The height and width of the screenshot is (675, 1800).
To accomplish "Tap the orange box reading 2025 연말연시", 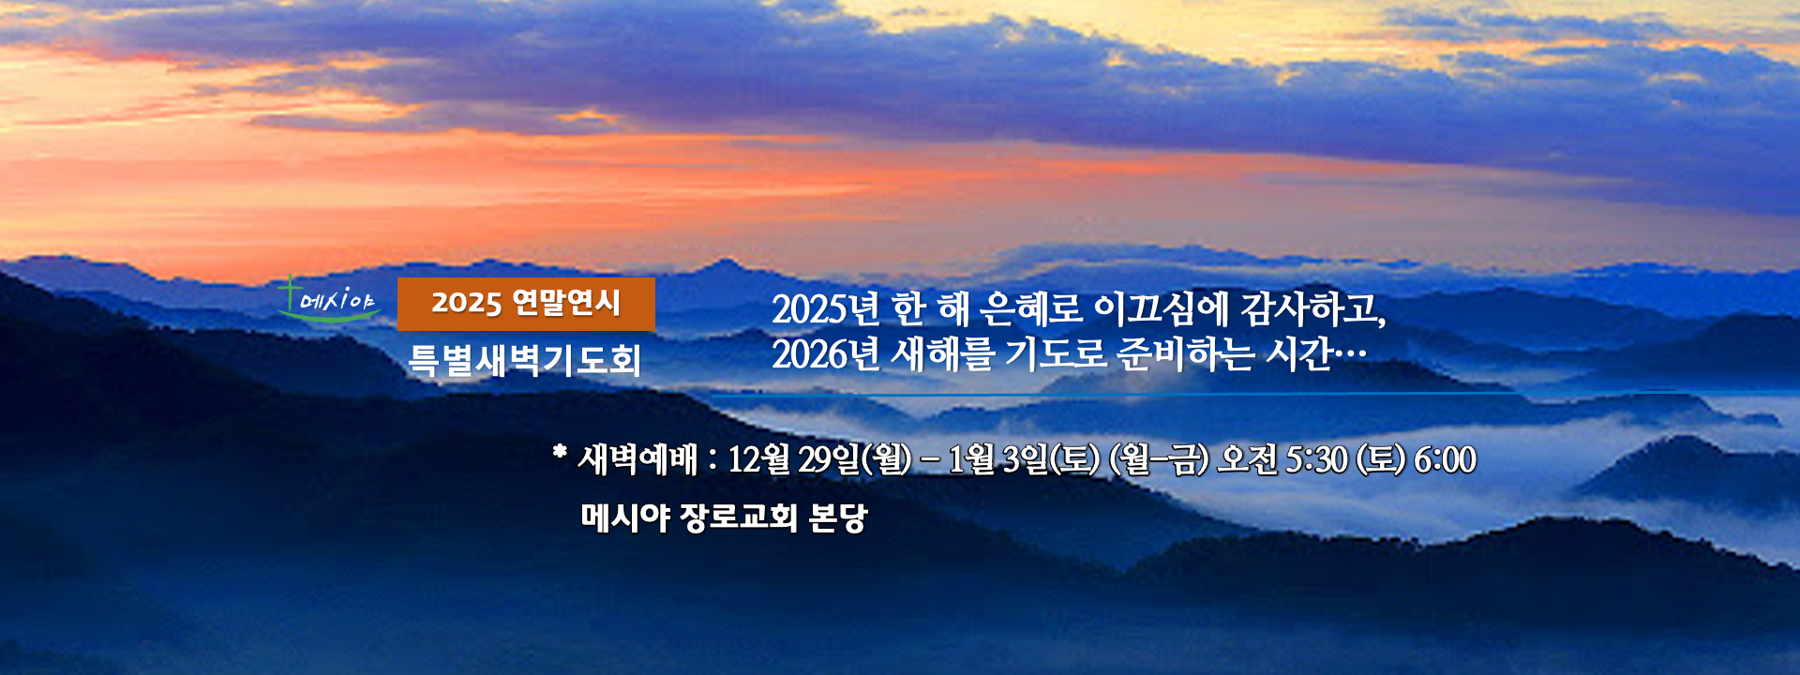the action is pyautogui.click(x=526, y=304).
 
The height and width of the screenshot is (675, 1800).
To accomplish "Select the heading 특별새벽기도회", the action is pyautogui.click(x=525, y=360).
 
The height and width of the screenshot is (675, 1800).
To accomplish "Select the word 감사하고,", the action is pyautogui.click(x=1313, y=308).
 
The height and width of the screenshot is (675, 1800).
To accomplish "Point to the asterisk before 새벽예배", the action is pyautogui.click(x=560, y=453).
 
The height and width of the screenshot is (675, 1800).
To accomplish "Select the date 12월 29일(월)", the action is pyautogui.click(x=819, y=459).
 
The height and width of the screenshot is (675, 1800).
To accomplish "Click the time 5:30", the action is pyautogui.click(x=1316, y=459).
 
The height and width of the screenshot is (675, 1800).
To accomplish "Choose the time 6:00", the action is pyautogui.click(x=1445, y=459).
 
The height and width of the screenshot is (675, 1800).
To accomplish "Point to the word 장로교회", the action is pyautogui.click(x=740, y=517).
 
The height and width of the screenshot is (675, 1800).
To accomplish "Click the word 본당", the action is pyautogui.click(x=838, y=517).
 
